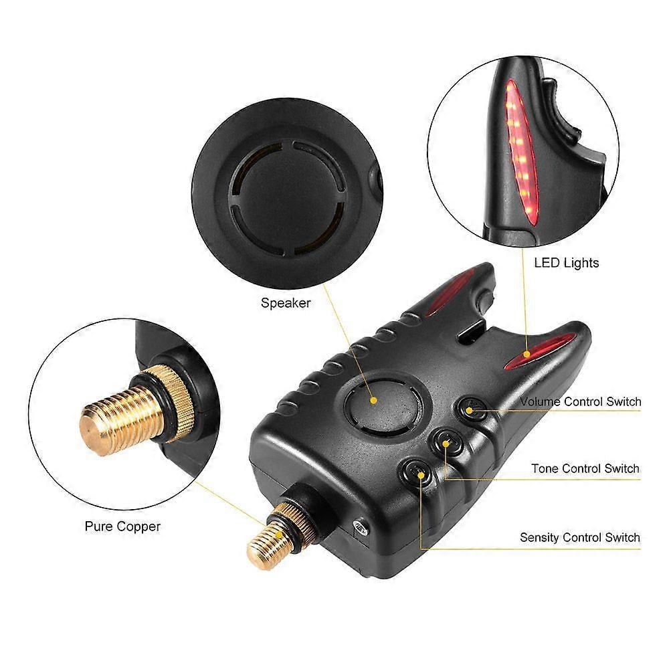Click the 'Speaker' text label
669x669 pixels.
[x=286, y=303]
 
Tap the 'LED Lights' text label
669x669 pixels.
[x=566, y=263]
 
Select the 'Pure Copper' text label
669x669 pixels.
[x=122, y=527]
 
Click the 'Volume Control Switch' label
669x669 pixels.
[x=580, y=402]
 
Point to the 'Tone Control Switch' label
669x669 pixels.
[x=585, y=469]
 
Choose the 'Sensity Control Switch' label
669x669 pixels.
[x=580, y=537]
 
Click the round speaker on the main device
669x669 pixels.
[x=382, y=400]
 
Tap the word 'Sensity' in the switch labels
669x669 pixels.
[x=540, y=537]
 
